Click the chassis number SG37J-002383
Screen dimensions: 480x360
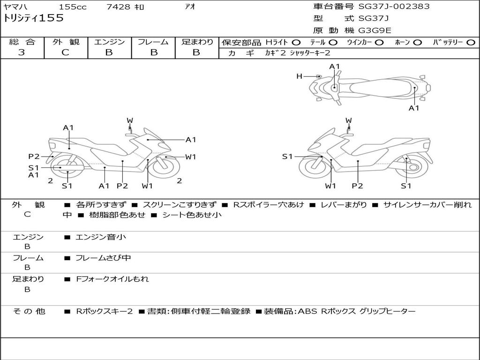[x=394, y=6]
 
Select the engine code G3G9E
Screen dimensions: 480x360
[x=375, y=30]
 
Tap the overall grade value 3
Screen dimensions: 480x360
[x=22, y=52]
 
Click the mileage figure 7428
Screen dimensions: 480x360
[x=118, y=7]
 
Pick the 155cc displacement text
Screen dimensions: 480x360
[x=73, y=7]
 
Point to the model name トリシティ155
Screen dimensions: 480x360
[x=33, y=18]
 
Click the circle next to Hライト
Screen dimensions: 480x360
[x=296, y=43]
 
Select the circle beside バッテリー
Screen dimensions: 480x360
[x=471, y=43]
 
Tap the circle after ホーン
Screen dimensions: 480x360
[x=417, y=43]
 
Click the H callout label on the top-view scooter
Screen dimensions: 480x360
[x=299, y=76]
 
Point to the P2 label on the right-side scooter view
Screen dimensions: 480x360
[x=357, y=186]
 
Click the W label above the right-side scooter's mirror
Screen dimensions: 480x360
[x=348, y=120]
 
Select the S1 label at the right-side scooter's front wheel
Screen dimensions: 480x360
[x=287, y=157]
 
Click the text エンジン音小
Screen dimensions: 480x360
[x=100, y=237]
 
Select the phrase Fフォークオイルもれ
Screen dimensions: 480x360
[x=112, y=279]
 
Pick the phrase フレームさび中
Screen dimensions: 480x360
[x=103, y=258]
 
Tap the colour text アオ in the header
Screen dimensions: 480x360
[x=190, y=7]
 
